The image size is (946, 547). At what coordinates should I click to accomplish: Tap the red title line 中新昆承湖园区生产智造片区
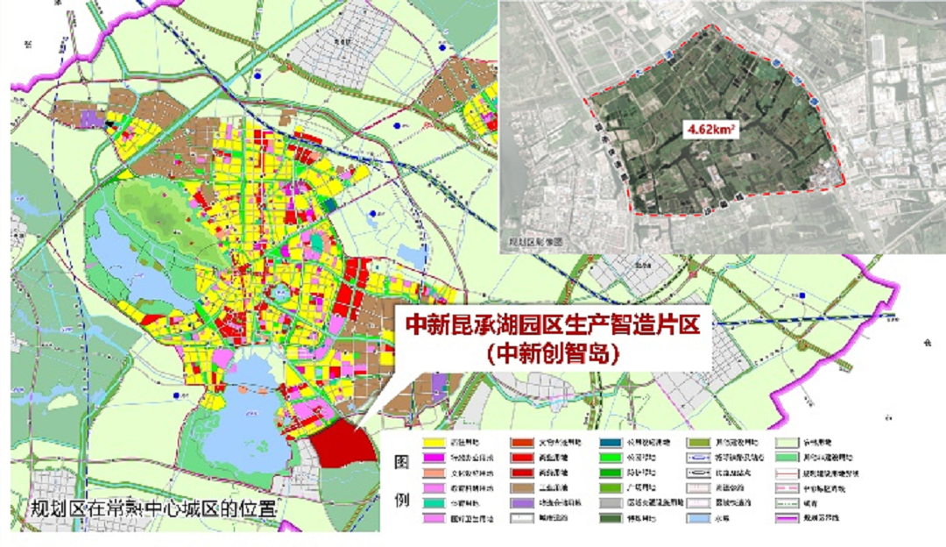(552, 325)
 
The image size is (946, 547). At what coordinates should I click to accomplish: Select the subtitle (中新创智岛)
(552, 354)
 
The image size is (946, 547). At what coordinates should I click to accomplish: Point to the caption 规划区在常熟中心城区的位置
(153, 508)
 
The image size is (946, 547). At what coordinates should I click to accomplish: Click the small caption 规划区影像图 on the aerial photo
(533, 240)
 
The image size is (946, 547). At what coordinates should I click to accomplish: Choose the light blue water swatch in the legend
(702, 519)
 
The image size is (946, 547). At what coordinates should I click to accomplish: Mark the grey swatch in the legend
(613, 503)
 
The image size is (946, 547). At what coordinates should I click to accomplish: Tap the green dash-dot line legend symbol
(791, 503)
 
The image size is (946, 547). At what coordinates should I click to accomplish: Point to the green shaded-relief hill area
(153, 206)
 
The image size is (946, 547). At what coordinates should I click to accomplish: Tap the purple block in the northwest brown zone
(90, 117)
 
